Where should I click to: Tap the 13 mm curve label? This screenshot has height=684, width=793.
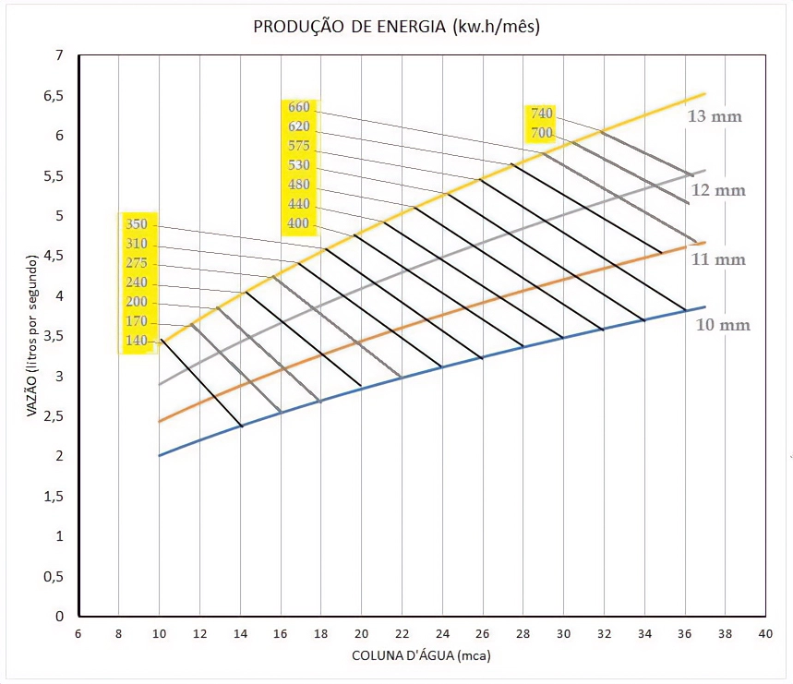point(715,117)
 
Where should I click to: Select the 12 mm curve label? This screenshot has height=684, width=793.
point(718,190)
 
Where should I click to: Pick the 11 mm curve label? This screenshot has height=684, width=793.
point(718,260)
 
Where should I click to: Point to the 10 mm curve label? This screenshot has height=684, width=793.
point(723,325)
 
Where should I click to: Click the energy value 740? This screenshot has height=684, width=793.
point(541,114)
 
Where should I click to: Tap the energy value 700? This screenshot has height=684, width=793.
point(541,134)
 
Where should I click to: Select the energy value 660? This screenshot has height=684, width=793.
point(299,107)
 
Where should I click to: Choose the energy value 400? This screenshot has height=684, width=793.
point(299,224)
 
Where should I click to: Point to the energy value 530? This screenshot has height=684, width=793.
point(299,165)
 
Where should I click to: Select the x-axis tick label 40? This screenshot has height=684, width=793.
point(764,634)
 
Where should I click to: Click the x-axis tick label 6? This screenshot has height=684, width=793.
point(78,634)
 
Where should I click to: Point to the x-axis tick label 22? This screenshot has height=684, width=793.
point(402,634)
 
